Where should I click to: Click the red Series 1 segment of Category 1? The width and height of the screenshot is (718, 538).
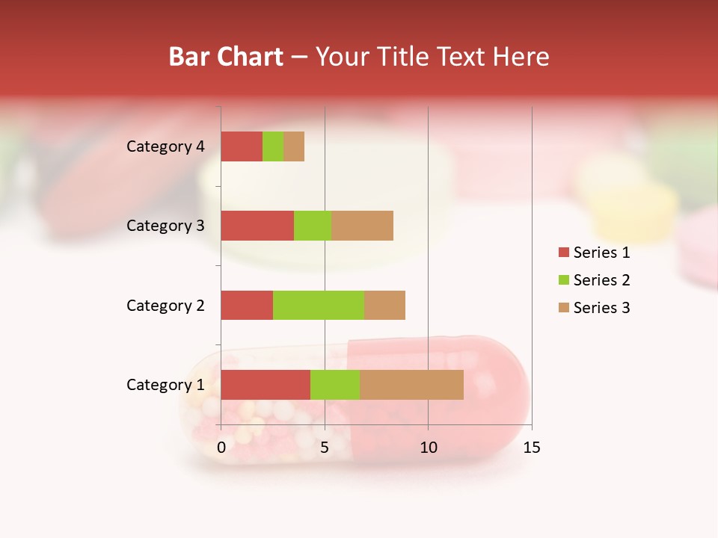click(x=266, y=385)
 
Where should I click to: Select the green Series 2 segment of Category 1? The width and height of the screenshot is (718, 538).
click(x=335, y=385)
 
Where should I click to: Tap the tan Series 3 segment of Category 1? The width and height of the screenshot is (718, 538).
click(x=411, y=385)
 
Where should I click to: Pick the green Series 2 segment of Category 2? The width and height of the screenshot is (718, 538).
click(x=319, y=305)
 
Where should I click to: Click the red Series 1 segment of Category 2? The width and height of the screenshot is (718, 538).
click(x=247, y=305)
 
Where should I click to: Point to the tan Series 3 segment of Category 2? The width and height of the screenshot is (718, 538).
click(x=384, y=305)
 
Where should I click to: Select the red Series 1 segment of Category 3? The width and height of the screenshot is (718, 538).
click(x=257, y=226)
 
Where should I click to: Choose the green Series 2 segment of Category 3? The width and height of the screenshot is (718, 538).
click(x=313, y=226)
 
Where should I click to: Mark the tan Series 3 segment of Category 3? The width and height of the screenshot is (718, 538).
click(x=362, y=226)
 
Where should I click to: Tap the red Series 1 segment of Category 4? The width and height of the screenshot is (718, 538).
click(x=242, y=146)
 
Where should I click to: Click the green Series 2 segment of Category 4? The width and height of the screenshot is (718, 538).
click(x=273, y=146)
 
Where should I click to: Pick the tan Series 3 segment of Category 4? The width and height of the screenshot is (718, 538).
click(x=294, y=146)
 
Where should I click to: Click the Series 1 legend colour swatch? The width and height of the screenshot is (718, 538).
click(x=563, y=253)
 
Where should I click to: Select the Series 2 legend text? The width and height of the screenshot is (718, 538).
click(x=601, y=280)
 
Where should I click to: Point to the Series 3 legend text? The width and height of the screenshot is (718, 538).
click(x=601, y=308)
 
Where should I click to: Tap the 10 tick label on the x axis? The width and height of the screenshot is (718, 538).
click(x=428, y=448)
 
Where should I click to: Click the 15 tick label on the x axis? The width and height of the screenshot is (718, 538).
click(x=531, y=448)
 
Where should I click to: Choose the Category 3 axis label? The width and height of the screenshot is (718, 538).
click(x=165, y=226)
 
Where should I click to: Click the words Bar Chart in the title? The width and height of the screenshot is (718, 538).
click(x=226, y=57)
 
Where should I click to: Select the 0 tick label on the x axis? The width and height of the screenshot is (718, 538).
click(x=221, y=448)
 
